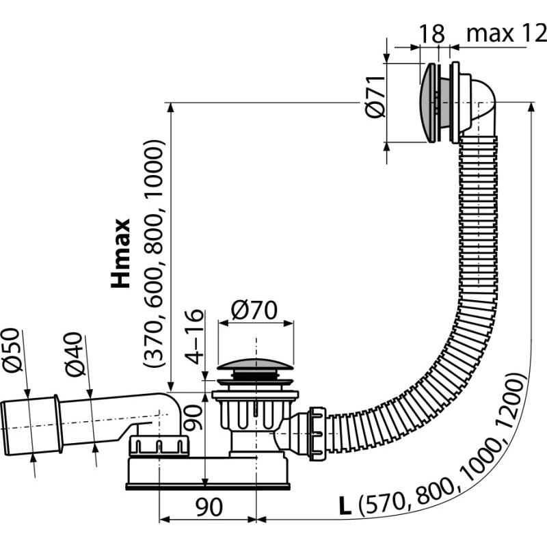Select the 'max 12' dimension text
click(x=506, y=32)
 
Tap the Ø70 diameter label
click(x=254, y=311)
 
